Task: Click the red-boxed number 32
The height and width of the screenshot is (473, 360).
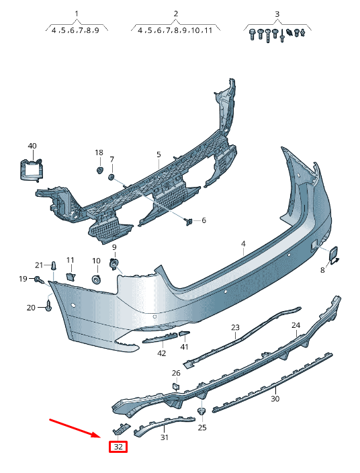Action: coord(118,446)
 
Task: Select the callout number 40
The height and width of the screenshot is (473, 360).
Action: coord(32,146)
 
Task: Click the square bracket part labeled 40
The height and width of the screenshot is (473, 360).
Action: coord(31,171)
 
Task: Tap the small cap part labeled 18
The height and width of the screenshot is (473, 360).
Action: coord(99,170)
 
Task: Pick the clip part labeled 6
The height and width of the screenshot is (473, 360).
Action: coord(189,222)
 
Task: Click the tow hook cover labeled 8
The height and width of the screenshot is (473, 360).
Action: coord(333,256)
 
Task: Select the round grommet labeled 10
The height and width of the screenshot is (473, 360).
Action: coord(96,279)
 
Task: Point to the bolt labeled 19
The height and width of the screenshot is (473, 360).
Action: coord(38,279)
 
